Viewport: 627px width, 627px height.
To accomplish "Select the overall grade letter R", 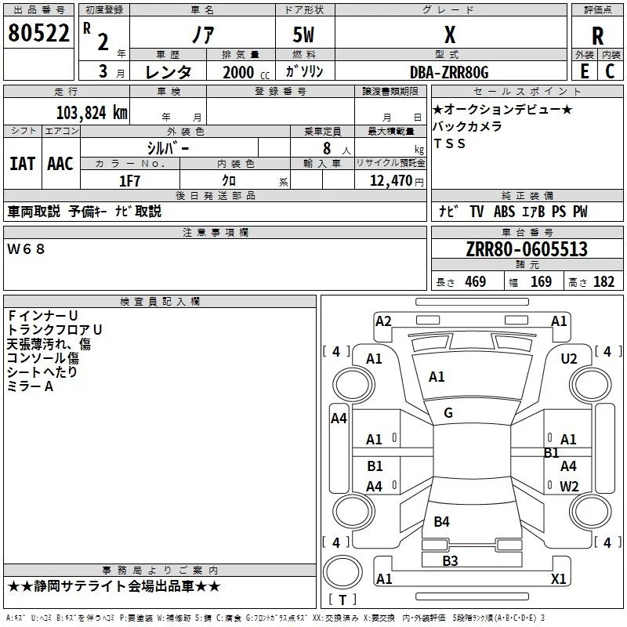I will click(598, 35).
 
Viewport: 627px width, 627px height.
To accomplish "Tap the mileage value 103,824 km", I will click(92, 113).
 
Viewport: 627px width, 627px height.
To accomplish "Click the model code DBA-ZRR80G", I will click(449, 72).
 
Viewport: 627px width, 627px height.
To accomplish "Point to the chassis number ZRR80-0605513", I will click(526, 249).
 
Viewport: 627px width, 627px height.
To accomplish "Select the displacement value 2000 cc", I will click(238, 72).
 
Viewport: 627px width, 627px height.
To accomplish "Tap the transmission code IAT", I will click(22, 163).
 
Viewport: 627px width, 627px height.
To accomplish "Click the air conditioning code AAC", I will click(60, 163).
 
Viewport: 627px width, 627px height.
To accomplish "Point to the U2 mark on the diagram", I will click(569, 358).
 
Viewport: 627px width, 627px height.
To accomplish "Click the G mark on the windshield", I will click(448, 413).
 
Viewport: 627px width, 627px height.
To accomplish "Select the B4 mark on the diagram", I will click(442, 521).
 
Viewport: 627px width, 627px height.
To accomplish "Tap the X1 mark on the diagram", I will click(559, 578).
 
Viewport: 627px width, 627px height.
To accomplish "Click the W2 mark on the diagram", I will click(569, 486).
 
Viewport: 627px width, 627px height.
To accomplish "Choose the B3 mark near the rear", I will click(450, 560).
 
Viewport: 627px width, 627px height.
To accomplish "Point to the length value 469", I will click(475, 282).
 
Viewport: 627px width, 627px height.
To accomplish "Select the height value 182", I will click(603, 282).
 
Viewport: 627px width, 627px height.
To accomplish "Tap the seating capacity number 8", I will click(324, 148).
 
